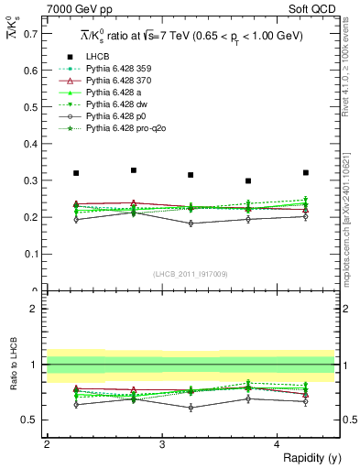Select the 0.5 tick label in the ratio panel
click(x=33, y=420)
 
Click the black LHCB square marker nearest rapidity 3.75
click(x=248, y=181)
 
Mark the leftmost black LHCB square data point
click(x=76, y=173)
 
